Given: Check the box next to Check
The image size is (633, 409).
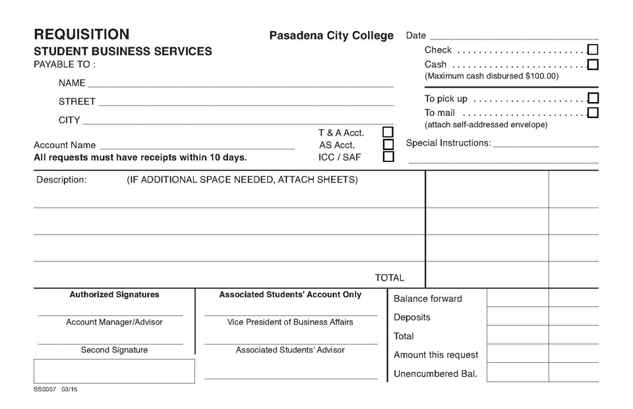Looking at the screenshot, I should pos(593,49).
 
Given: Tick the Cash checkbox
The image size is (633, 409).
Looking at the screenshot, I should pos(593,65).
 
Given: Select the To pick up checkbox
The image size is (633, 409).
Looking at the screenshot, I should pos(593,98).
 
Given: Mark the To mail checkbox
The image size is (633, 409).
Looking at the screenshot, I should pos(593,113).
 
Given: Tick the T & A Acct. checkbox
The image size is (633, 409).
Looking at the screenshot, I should pos(388,132).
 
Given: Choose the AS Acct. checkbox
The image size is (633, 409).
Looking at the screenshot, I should pos(388,145).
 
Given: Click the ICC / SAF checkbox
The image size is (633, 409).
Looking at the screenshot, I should pos(388,157).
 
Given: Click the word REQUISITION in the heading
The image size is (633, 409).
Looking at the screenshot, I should pos(82,34).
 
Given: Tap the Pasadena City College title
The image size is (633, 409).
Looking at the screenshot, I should pos(331,36).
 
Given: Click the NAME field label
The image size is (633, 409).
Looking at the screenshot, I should pos(72,83).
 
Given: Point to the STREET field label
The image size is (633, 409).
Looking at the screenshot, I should pos(77,101).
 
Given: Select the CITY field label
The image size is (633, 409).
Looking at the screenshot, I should pos(69,120).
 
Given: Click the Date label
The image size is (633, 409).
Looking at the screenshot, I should pos(416,36).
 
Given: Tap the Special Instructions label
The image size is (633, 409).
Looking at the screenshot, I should pos(448,143).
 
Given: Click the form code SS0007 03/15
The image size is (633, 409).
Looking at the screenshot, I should pos(55,390).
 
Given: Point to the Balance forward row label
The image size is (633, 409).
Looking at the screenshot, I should pos(427,298).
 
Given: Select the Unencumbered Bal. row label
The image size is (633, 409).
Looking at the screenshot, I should pos(435,373).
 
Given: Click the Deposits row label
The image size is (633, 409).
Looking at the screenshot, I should pos(411,317).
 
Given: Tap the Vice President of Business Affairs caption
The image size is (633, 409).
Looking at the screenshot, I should pos(290,322).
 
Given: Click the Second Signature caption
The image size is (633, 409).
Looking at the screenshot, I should pos(114,350).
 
